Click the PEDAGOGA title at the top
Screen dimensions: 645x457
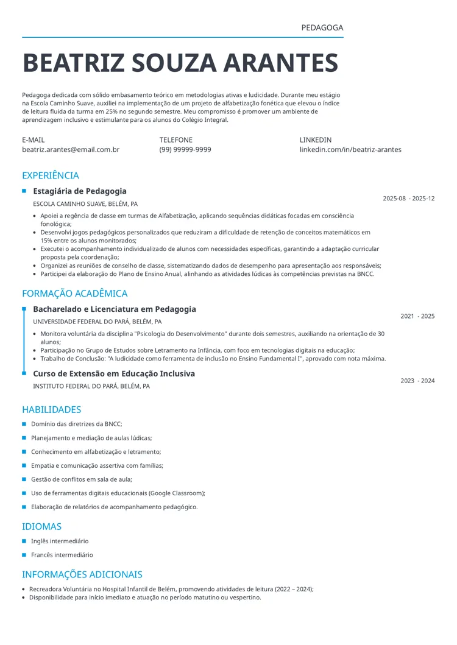coord(322,28)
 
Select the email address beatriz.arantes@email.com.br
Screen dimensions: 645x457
coord(71,149)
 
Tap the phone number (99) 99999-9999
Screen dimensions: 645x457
coord(185,149)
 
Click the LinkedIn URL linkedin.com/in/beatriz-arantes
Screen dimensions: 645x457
coord(350,149)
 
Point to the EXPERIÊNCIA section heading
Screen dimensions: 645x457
coord(51,175)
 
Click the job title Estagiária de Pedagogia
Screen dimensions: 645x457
coord(80,191)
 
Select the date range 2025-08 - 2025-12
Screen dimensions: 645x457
coord(408,199)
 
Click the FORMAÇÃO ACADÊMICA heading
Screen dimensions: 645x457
coord(75,294)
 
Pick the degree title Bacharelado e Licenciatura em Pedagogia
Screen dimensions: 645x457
coord(115,309)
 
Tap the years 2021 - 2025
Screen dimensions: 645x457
coord(417,316)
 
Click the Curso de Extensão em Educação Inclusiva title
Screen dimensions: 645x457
coord(114,373)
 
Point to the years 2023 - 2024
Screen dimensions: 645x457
coord(417,381)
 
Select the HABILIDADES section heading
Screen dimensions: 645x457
coord(52,409)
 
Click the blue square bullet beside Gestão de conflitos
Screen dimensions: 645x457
coord(24,479)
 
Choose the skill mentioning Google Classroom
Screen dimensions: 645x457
coord(118,493)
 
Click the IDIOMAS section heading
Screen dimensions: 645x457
coord(41,526)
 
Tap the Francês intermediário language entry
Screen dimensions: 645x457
coord(62,555)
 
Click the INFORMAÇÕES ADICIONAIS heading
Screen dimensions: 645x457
coord(82,574)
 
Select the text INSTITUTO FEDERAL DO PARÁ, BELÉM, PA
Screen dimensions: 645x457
coord(91,386)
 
